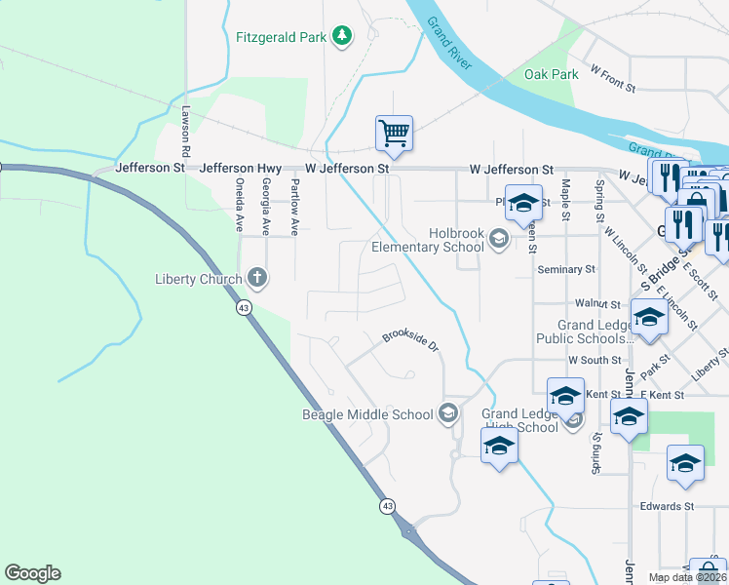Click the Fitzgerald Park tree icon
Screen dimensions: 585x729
(341, 37)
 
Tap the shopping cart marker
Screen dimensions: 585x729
(394, 133)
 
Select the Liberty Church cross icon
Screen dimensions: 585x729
(257, 280)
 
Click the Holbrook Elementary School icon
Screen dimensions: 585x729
(499, 238)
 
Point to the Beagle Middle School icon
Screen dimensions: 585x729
(447, 414)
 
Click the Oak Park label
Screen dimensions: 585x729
(551, 74)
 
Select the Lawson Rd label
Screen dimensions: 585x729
(185, 133)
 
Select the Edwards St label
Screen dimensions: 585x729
(666, 507)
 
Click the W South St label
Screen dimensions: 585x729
(595, 361)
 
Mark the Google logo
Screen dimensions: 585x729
(32, 573)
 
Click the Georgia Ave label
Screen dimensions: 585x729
(266, 206)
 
